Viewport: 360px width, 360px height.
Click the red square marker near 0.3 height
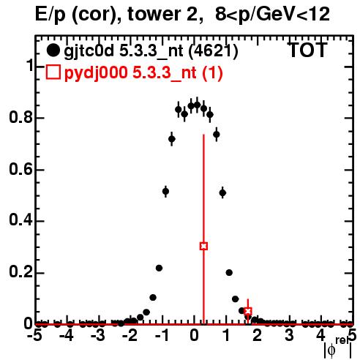pos(203,246)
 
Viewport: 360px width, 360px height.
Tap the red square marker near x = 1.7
pos(248,311)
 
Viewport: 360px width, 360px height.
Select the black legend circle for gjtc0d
pos(53,50)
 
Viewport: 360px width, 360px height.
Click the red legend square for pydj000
pos(53,72)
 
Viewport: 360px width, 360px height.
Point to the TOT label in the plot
pos(307,50)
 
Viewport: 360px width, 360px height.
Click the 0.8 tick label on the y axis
pos(20,118)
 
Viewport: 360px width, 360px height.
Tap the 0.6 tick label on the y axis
pos(20,169)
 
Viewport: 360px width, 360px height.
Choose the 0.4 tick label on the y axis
pos(20,221)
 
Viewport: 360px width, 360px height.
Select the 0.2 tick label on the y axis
pos(20,272)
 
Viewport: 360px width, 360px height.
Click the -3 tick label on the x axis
pos(98,336)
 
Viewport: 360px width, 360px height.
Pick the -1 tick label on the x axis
pos(162,336)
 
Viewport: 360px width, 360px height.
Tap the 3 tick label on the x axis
pos(289,336)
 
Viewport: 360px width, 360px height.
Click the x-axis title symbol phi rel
pos(338,348)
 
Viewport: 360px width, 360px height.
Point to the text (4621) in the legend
pos(214,51)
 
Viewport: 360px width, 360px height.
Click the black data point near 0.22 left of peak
pos(159,268)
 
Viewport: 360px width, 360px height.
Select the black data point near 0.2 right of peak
pos(229,273)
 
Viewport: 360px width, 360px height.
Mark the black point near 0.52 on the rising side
pos(165,192)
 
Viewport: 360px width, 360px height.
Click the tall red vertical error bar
pos(203,229)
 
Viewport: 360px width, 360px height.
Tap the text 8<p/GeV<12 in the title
pos(272,15)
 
